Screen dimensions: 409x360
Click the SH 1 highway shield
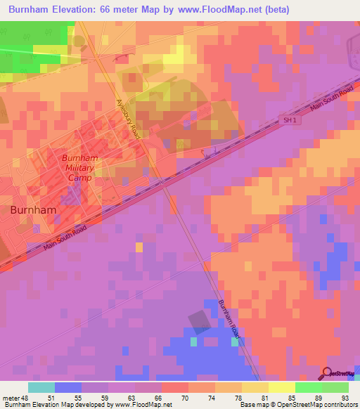(288, 120)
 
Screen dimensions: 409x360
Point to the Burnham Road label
(229, 319)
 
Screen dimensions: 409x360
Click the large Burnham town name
(34, 209)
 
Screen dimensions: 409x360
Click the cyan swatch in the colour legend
(41, 387)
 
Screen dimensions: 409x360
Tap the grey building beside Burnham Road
(200, 320)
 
